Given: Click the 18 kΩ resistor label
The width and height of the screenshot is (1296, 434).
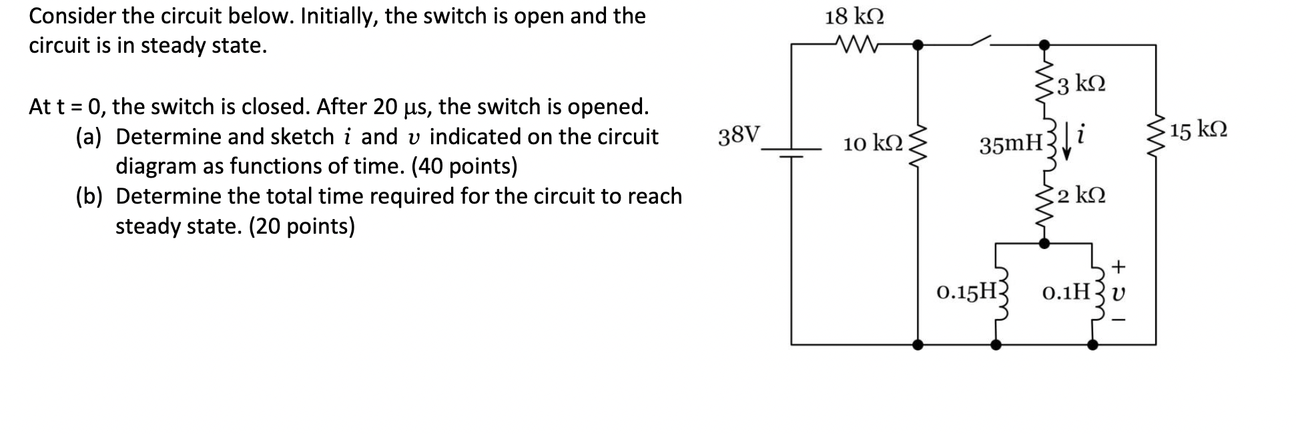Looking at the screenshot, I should tap(854, 17).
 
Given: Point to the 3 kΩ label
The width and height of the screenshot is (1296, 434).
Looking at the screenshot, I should tap(1082, 85).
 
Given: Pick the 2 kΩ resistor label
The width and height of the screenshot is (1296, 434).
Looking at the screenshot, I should tap(1082, 196).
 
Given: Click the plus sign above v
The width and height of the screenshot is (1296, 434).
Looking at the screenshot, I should tap(1119, 267).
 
